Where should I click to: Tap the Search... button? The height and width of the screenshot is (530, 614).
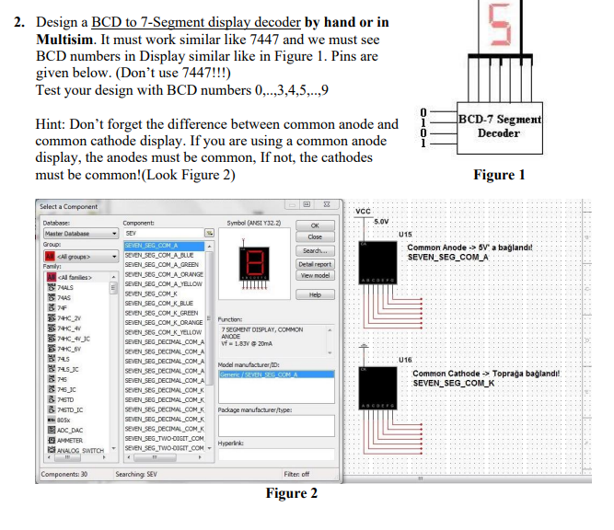point(315,250)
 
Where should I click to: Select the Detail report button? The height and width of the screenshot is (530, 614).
point(315,264)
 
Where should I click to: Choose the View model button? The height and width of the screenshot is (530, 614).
point(315,275)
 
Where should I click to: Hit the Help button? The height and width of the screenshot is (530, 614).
point(315,294)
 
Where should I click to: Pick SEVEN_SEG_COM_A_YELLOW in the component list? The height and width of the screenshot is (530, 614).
point(162,284)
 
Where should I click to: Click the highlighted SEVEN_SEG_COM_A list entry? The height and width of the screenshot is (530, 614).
point(153,246)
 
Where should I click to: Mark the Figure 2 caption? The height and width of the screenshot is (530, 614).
point(291,494)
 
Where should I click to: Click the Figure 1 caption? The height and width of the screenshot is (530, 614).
point(499,175)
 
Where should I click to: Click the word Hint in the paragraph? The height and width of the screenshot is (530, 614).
point(51,124)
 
